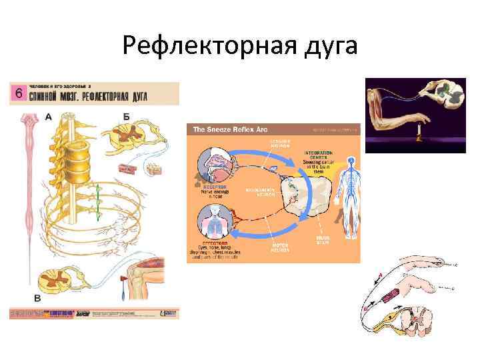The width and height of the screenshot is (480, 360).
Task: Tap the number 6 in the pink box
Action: [18, 93]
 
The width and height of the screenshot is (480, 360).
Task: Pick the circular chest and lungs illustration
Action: [215, 221]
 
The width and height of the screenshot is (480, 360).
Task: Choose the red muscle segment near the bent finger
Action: [387, 294]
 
